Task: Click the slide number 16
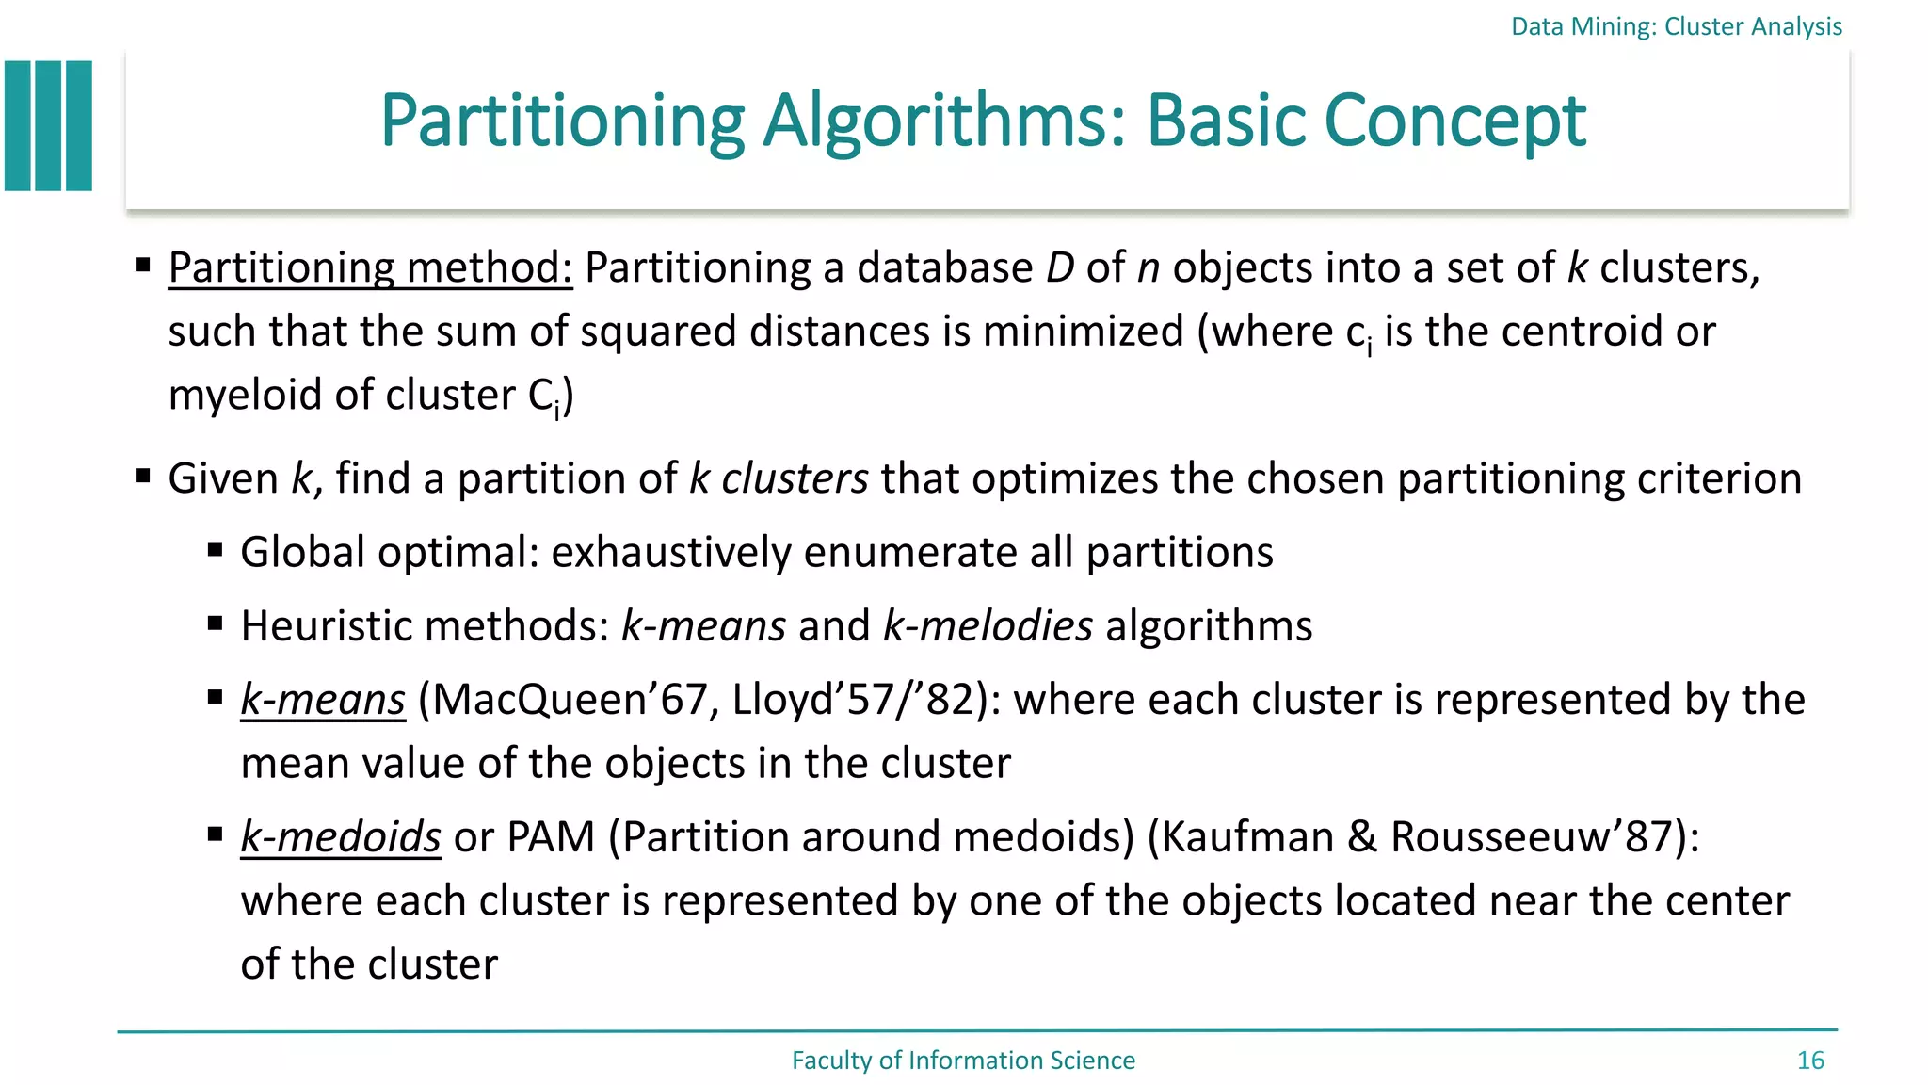[1810, 1061]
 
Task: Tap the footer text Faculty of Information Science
[963, 1061]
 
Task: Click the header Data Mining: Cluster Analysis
[1676, 26]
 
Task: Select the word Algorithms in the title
[944, 121]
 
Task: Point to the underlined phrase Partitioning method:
[370, 267]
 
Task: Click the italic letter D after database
[1060, 267]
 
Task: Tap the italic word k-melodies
[988, 626]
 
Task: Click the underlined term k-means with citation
[323, 700]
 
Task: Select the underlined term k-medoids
[341, 837]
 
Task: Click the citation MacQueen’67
[570, 700]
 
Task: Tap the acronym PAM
[551, 837]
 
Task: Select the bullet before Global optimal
[216, 549]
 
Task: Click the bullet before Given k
[143, 476]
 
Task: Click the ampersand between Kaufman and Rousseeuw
[1362, 837]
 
